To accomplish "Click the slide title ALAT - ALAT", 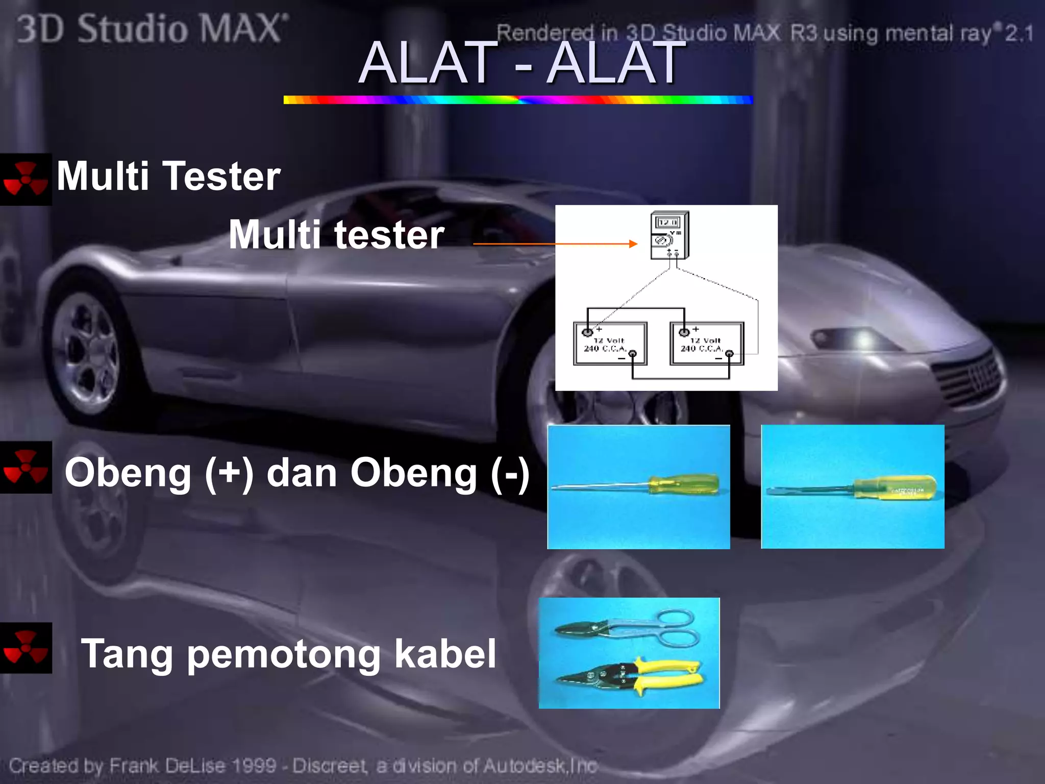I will point(520,63).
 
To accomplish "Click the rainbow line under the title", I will point(518,100).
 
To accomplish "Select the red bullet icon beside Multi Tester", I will point(26,179).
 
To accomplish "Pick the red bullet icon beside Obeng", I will point(26,467).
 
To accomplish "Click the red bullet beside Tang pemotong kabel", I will point(26,648).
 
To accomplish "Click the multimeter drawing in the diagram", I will point(669,235).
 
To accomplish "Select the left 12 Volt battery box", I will point(610,344).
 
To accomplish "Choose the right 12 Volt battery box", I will point(707,344).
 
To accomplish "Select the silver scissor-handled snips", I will point(628,628).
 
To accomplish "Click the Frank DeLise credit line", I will point(303,766).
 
